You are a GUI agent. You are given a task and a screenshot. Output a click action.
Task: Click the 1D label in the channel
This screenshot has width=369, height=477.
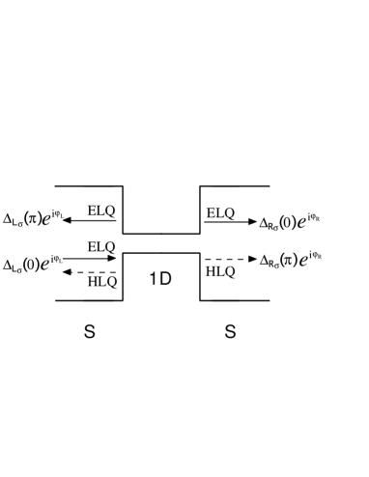(160, 279)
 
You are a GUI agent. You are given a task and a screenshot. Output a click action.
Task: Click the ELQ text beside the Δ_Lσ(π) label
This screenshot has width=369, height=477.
(101, 210)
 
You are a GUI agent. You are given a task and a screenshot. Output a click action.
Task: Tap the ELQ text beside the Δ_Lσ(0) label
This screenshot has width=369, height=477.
(101, 247)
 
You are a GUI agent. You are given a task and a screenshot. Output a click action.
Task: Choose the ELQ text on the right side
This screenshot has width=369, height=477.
(221, 211)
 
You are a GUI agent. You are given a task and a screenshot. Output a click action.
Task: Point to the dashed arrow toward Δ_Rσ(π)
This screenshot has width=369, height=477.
(229, 260)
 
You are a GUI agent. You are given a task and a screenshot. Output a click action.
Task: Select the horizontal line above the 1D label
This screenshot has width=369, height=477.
(160, 254)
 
